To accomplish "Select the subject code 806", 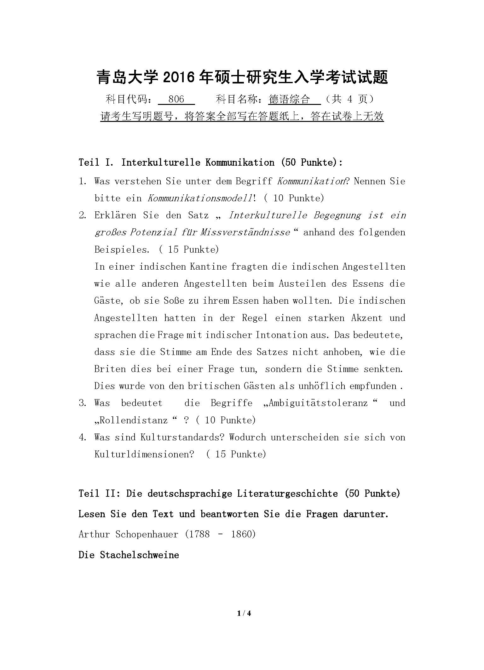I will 176,99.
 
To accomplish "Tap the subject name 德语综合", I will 290,99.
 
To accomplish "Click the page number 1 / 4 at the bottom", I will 244,613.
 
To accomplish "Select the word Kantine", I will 208,266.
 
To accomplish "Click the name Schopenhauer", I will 147,534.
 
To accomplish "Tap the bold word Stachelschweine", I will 139,555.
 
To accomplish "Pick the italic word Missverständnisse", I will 245,232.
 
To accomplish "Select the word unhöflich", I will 316,386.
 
